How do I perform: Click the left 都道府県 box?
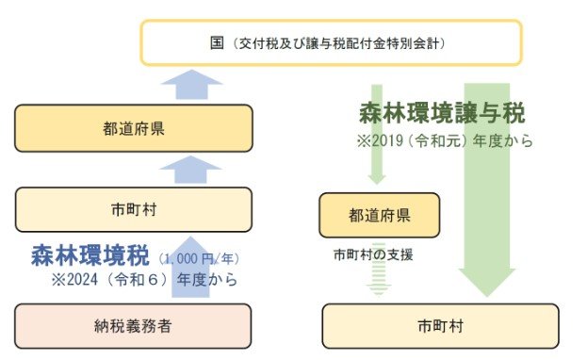(x=133, y=127)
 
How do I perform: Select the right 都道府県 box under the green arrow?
(x=379, y=215)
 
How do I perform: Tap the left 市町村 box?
(x=133, y=208)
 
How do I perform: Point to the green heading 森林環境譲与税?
(x=441, y=114)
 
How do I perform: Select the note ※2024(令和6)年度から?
(x=146, y=280)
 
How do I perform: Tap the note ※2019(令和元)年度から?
(x=443, y=141)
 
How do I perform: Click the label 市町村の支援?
(x=373, y=254)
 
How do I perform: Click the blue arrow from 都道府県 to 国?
(x=192, y=86)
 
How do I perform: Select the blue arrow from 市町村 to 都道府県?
(x=192, y=169)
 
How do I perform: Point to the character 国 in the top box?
(x=216, y=43)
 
